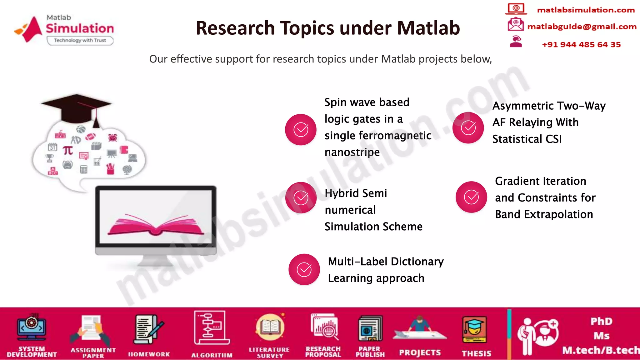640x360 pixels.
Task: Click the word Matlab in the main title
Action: pos(428,28)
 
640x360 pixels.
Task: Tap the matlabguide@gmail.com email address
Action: pos(582,27)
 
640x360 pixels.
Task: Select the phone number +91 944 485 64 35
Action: pos(581,45)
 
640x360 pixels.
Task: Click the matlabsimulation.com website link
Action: pos(586,10)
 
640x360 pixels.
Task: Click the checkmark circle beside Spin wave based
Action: pos(301,129)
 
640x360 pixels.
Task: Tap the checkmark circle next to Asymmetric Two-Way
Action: pos(468,127)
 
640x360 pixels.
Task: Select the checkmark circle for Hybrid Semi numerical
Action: pos(301,197)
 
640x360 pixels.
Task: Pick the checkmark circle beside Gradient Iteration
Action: pos(471,197)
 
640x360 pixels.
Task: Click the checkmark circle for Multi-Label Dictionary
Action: pos(304,269)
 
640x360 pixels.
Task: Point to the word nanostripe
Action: pos(352,152)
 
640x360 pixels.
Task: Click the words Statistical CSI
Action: pos(527,139)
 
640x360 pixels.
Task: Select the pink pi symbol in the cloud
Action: pos(67,151)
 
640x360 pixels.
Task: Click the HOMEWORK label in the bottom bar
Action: pos(149,354)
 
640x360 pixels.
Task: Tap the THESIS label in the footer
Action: pos(476,353)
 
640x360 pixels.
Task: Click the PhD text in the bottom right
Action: pos(601,321)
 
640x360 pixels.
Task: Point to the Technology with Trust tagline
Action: pos(80,40)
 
